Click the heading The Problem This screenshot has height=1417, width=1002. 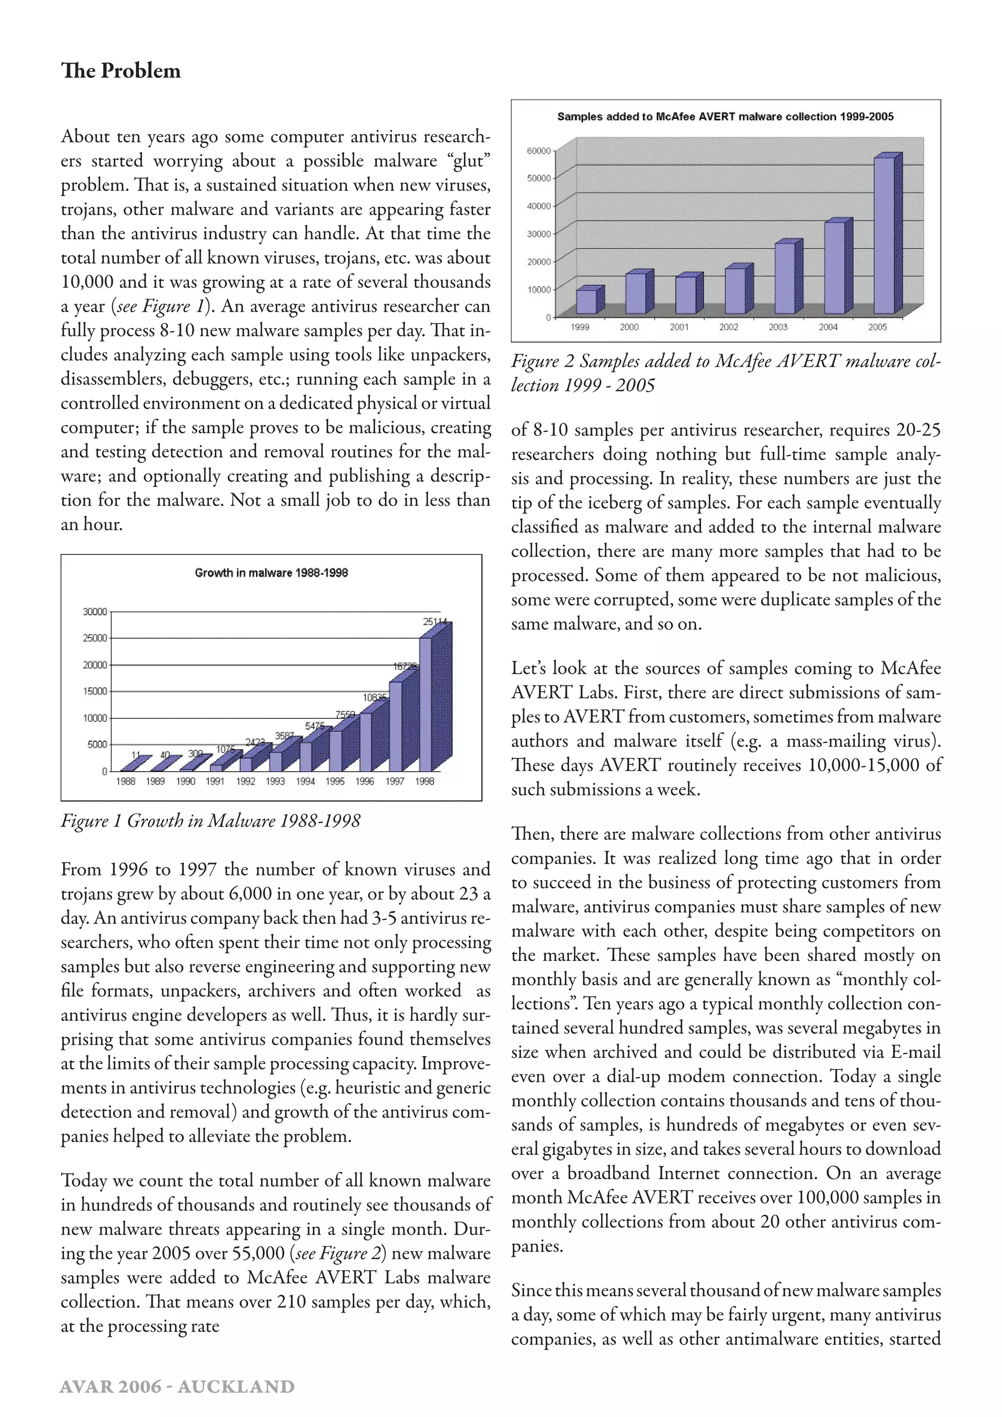pos(121,71)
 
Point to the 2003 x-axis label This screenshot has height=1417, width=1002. pos(778,327)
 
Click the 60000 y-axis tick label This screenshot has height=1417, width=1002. pos(539,151)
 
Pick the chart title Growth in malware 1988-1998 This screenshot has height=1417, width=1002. pos(272,573)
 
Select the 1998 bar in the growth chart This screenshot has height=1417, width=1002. pos(426,704)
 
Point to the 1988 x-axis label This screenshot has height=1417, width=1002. pos(126,781)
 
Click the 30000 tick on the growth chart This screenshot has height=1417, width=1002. pos(94,612)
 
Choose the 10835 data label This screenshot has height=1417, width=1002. pos(374,697)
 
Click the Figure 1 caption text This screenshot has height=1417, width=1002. pos(210,821)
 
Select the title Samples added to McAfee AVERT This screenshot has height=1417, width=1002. pos(725,116)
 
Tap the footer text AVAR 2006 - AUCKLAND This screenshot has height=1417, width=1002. pos(177,1387)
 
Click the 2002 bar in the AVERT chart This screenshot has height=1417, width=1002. pos(735,290)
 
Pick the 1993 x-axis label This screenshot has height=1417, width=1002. pos(275,781)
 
